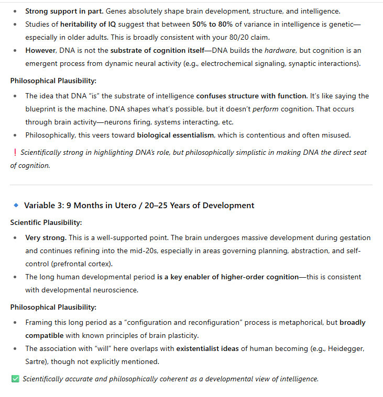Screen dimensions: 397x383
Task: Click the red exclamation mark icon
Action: point(15,153)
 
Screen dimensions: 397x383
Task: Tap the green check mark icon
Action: point(15,379)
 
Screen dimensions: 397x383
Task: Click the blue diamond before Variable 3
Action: point(15,205)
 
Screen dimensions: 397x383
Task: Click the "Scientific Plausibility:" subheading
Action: point(46,222)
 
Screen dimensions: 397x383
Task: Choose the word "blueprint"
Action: point(43,109)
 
